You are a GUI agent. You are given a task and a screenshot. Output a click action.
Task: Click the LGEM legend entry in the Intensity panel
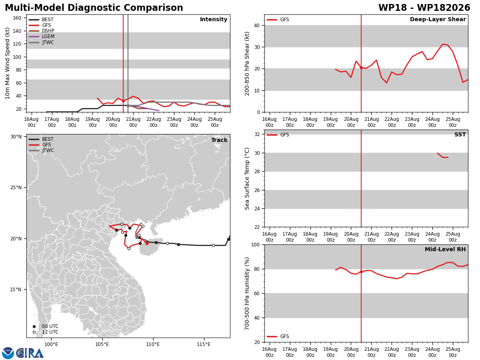[42, 36]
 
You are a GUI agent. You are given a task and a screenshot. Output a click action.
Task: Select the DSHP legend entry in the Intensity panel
[42, 31]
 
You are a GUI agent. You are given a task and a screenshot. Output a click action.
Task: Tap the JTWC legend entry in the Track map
[41, 150]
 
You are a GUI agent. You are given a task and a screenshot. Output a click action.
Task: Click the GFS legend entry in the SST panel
[278, 135]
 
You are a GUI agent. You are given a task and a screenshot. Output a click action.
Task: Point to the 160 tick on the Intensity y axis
[17, 18]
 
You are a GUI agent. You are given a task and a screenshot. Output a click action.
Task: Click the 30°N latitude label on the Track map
[16, 137]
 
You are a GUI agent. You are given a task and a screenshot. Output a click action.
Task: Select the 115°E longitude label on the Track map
[204, 345]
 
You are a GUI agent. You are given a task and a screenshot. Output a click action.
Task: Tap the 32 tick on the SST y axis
[257, 134]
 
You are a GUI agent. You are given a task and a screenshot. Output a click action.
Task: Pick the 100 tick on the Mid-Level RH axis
[256, 245]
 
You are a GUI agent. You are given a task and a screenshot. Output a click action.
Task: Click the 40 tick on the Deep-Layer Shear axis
[257, 26]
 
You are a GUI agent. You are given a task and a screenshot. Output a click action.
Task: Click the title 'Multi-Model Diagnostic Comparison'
[94, 8]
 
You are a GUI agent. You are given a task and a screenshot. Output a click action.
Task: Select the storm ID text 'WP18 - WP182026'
[424, 8]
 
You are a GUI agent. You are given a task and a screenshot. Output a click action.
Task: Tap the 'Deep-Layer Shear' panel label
[438, 20]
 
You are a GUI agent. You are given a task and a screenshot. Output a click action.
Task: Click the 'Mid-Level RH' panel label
[445, 249]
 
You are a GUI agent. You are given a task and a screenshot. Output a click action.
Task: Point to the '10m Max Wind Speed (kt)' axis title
[7, 63]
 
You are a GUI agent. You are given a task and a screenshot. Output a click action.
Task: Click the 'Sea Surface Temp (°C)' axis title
[247, 178]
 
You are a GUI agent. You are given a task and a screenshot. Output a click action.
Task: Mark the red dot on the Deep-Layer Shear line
[361, 68]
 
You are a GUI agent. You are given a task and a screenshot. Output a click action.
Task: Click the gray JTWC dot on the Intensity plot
[128, 106]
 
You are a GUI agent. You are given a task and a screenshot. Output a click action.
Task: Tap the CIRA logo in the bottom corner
[23, 353]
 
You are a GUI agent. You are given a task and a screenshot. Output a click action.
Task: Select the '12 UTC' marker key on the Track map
[46, 332]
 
